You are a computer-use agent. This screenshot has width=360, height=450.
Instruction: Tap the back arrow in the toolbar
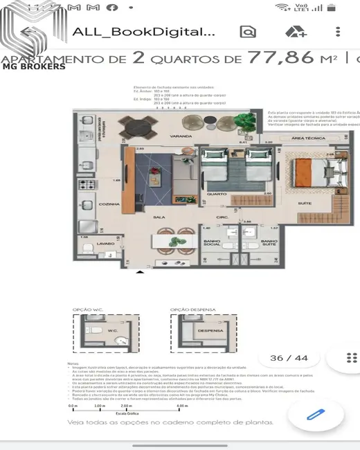(x=28, y=33)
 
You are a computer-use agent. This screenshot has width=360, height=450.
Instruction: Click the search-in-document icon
(x=247, y=32)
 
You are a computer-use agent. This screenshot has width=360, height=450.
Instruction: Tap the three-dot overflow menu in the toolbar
(x=338, y=32)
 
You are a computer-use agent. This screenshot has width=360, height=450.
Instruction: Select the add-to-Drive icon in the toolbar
(x=296, y=32)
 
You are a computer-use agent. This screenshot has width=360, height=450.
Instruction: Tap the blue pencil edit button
(x=316, y=415)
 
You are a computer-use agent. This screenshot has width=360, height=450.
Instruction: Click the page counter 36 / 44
(x=289, y=358)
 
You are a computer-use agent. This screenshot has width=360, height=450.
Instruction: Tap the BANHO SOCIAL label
(x=212, y=243)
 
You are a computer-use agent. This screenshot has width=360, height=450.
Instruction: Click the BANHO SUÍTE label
(x=270, y=243)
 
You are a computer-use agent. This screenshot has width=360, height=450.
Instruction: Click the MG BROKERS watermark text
(x=35, y=67)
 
